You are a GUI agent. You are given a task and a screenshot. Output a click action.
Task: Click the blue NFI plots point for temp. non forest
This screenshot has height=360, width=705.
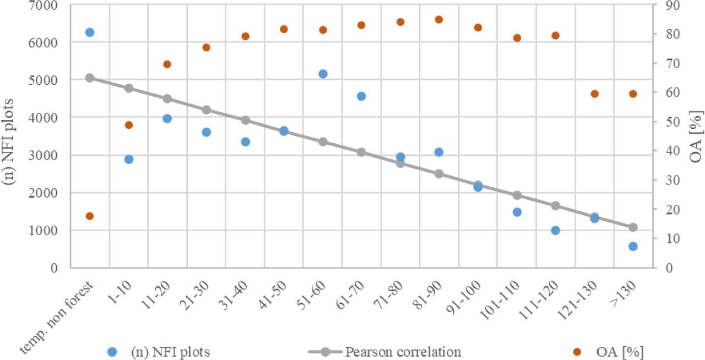[90, 32]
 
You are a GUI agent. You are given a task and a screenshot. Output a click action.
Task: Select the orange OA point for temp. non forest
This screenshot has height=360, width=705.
[90, 216]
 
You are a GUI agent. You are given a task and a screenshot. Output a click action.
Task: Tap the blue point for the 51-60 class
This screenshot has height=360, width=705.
[323, 74]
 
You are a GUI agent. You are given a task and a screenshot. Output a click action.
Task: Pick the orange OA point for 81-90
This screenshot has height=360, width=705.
[439, 20]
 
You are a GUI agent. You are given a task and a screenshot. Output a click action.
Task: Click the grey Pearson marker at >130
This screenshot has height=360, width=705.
[633, 227]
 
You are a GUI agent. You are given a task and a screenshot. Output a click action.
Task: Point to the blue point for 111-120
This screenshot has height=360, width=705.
[555, 230]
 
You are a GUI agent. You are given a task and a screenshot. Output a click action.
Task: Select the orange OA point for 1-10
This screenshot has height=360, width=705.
[129, 125]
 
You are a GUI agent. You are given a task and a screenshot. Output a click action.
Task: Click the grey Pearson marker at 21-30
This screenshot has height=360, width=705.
[207, 110]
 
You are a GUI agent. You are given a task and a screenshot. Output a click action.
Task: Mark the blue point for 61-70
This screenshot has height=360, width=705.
[361, 96]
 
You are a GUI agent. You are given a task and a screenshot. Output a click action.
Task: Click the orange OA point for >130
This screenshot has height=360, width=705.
[633, 94]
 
